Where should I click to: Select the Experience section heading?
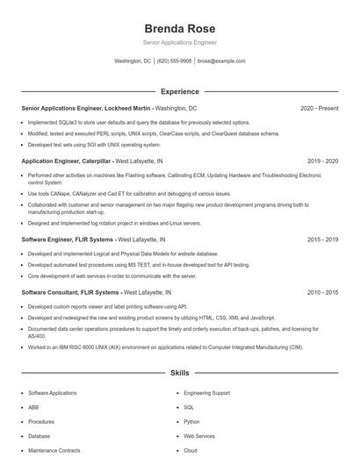179,91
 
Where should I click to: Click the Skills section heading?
179,373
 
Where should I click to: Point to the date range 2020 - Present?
319,108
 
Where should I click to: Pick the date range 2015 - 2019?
322,239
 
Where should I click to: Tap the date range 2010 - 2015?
322,291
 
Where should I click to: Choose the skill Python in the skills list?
191,421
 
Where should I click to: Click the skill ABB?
33,407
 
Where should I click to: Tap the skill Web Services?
199,435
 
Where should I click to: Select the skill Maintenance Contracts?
54,450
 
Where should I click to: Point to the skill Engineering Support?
207,393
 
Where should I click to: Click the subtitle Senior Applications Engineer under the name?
179,42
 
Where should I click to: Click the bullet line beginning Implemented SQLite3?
139,123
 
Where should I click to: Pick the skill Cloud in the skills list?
190,450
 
